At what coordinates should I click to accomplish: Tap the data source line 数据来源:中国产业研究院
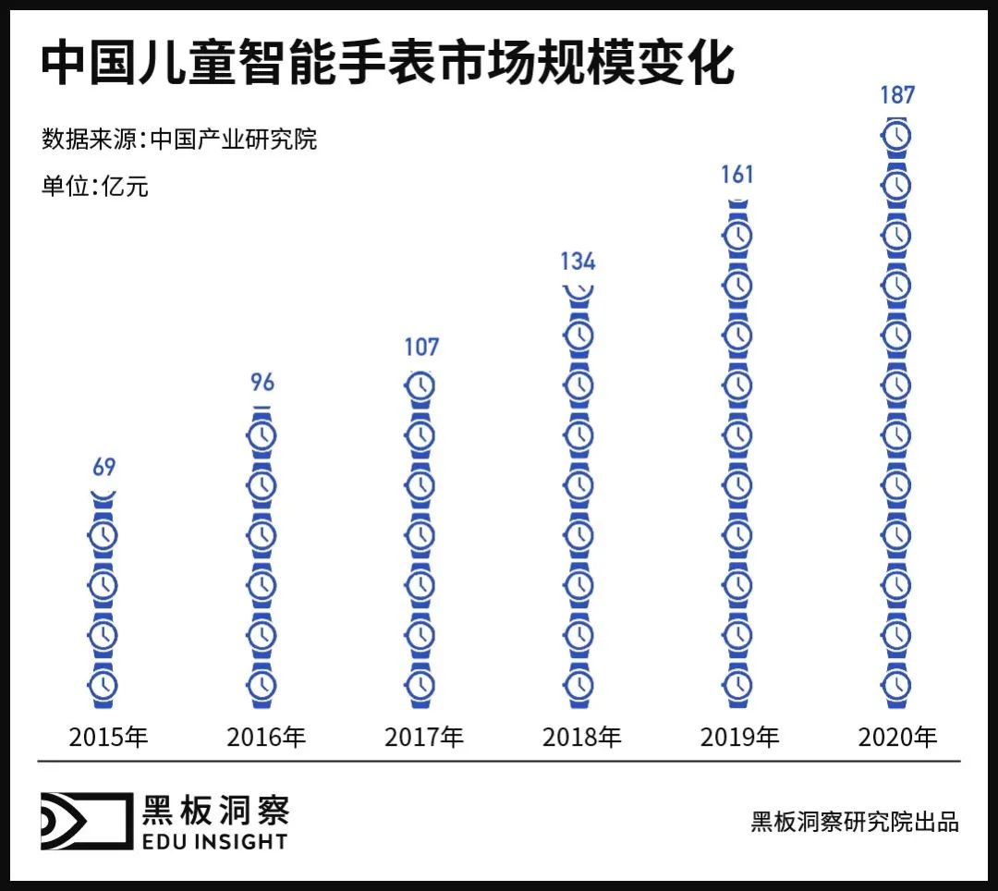tap(179, 140)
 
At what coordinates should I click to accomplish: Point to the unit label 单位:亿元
tap(95, 186)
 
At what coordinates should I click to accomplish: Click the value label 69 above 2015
tap(103, 467)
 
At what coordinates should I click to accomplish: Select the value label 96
tap(262, 382)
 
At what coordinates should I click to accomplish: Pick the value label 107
tap(420, 348)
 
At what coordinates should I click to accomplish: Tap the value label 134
tap(578, 261)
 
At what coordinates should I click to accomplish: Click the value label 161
tap(736, 174)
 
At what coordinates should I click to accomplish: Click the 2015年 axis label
tap(109, 738)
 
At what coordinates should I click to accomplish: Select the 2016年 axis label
tap(266, 738)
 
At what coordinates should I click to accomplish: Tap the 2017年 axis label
tap(424, 738)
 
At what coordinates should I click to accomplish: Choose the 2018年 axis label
tap(582, 738)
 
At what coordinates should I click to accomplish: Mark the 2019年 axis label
tap(740, 738)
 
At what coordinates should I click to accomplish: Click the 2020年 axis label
tap(898, 738)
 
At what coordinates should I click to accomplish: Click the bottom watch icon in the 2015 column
tap(103, 685)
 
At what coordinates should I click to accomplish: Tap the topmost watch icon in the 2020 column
tap(895, 136)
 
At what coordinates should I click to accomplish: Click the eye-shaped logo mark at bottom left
tap(85, 821)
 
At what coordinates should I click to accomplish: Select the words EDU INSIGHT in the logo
tap(214, 841)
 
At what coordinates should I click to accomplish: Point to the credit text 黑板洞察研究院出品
tap(855, 822)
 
